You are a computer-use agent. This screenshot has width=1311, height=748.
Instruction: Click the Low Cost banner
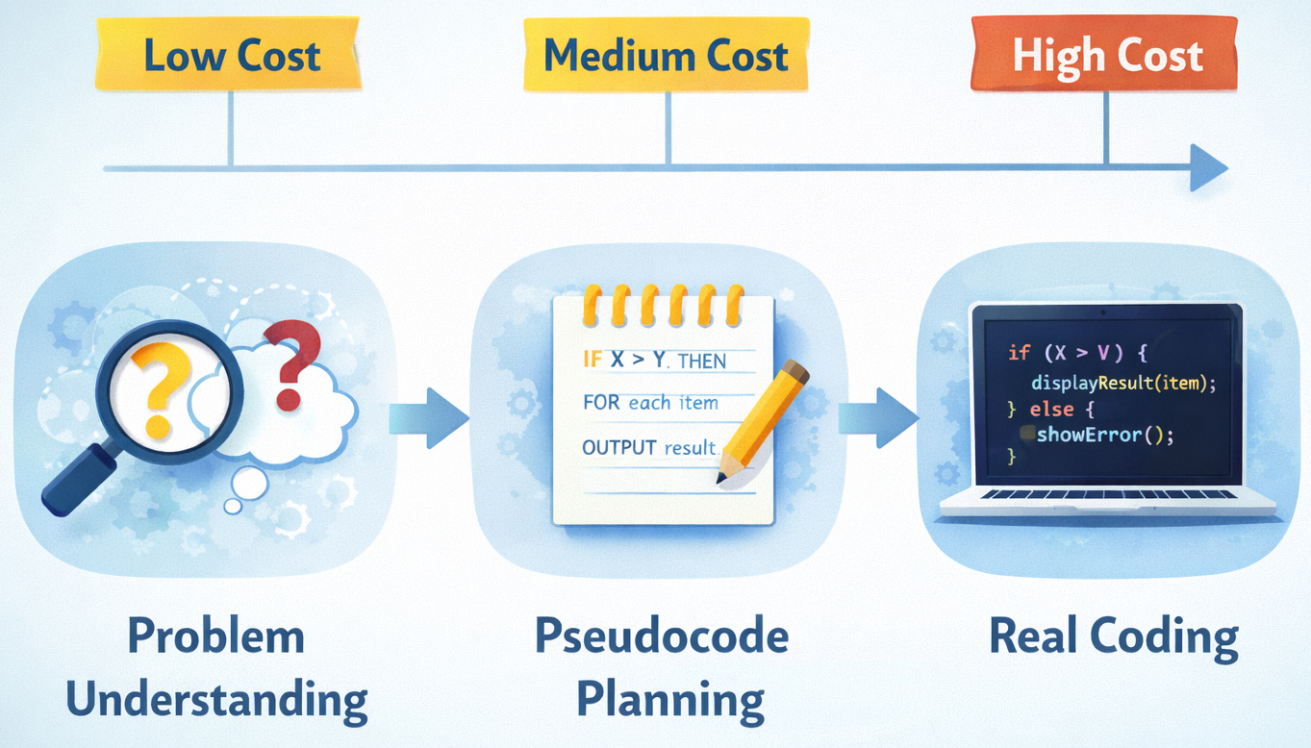click(231, 56)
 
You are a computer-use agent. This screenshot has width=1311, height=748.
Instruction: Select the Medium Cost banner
click(666, 56)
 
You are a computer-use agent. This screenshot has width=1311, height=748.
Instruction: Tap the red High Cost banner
click(1106, 56)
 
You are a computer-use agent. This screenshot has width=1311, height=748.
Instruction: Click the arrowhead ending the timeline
click(1209, 168)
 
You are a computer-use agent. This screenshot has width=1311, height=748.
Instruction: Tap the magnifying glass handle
click(78, 482)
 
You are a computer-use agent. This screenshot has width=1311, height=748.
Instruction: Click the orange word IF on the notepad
click(593, 361)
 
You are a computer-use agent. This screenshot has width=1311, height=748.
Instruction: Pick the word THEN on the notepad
click(702, 362)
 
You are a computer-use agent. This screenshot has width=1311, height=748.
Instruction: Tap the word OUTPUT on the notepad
click(619, 447)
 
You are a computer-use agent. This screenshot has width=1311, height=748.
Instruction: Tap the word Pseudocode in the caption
click(661, 636)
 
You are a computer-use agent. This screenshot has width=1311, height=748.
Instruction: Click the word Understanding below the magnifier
click(216, 700)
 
